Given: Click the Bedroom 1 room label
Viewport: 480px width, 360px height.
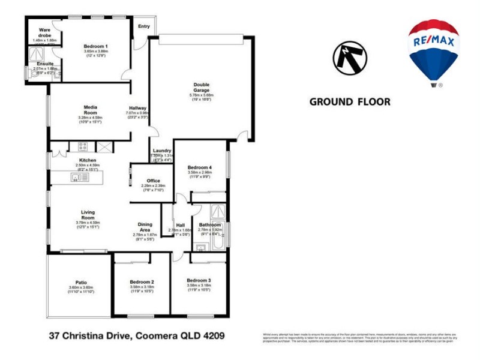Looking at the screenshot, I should pyautogui.click(x=96, y=47).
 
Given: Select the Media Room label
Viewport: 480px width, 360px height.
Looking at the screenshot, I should pyautogui.click(x=90, y=110).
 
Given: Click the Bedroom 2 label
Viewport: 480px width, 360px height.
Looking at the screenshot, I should pyautogui.click(x=142, y=282).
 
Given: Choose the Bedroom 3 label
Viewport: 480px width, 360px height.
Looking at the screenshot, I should pyautogui.click(x=199, y=281).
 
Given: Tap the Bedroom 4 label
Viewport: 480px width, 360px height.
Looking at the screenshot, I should pyautogui.click(x=199, y=167).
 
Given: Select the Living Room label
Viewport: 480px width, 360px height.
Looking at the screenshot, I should pyautogui.click(x=88, y=215).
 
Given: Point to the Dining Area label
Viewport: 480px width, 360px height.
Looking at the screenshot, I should pyautogui.click(x=143, y=226).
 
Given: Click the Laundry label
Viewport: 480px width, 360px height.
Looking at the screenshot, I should pyautogui.click(x=162, y=151).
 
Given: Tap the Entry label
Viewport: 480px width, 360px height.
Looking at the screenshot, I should pyautogui.click(x=144, y=26).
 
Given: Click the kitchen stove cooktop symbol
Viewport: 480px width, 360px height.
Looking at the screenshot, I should pyautogui.click(x=82, y=146).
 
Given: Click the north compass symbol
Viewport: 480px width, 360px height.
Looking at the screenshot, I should pyautogui.click(x=350, y=58).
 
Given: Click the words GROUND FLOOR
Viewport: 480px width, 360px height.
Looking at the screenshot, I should pyautogui.click(x=349, y=102).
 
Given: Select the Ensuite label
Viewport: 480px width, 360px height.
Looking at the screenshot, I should pyautogui.click(x=45, y=64).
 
